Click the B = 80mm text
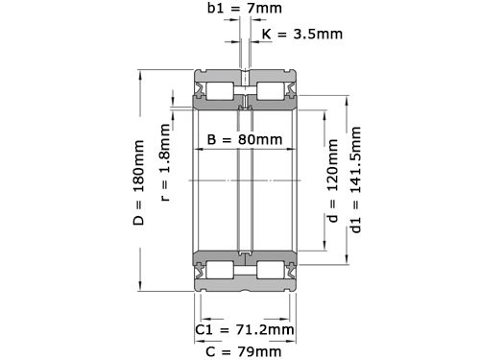pyautogui.click(x=245, y=139)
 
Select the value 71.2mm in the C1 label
pyautogui.click(x=264, y=329)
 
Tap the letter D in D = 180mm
pyautogui.click(x=137, y=222)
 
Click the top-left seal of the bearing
pyautogui.click(x=202, y=91)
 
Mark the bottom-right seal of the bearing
pyautogui.click(x=288, y=270)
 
